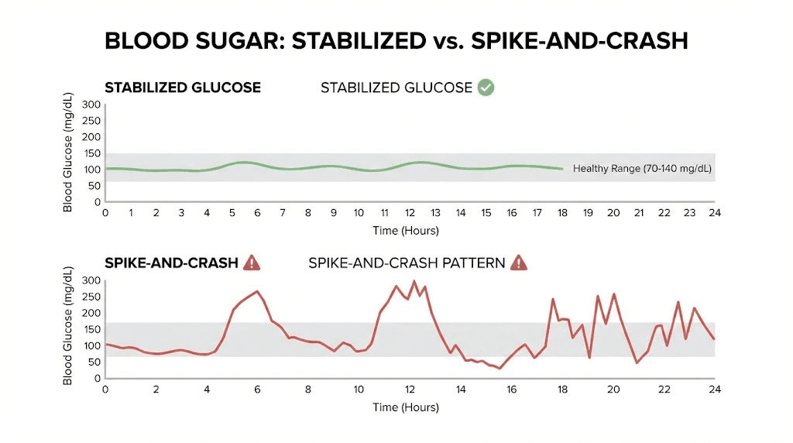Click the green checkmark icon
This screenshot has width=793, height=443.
click(x=486, y=88)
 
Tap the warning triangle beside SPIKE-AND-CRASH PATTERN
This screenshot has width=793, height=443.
click(x=518, y=263)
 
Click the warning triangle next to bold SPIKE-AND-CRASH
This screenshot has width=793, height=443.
click(x=252, y=263)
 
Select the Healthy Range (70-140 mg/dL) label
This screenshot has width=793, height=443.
click(x=642, y=168)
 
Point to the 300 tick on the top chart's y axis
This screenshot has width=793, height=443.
click(x=91, y=105)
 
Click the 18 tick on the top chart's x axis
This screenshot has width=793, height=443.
click(x=562, y=213)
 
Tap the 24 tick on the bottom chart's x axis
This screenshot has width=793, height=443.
click(x=715, y=390)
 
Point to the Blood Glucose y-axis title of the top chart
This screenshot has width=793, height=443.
click(x=68, y=153)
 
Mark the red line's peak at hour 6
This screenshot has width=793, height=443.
click(x=257, y=292)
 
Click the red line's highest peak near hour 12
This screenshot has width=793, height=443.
click(x=414, y=282)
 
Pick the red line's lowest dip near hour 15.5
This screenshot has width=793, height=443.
click(x=499, y=368)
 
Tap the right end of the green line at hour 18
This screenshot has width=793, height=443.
click(x=562, y=169)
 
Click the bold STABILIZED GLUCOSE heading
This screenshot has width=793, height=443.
click(x=183, y=88)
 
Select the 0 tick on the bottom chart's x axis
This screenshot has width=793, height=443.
click(x=105, y=390)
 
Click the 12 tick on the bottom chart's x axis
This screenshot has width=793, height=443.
click(x=410, y=390)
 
